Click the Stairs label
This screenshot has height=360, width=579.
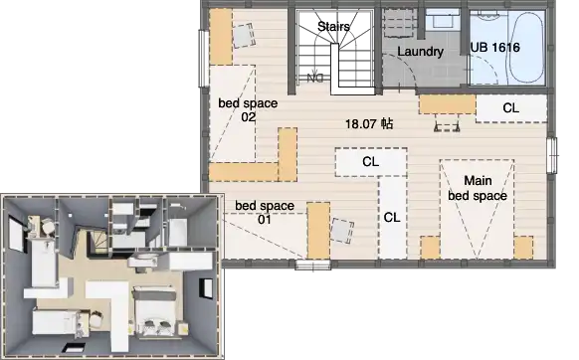pos(333,27)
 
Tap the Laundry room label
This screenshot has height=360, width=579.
pos(420,52)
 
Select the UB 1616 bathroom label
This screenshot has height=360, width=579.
pos(495,48)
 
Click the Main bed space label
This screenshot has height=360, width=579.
pos(478,188)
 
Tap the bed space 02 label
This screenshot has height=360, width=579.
pos(248,110)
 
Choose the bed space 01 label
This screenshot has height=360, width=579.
pos(265,213)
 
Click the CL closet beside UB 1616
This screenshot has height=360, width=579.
pos(511,108)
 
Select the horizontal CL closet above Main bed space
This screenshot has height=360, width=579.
pos(371,162)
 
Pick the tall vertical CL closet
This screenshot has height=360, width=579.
pos(392,218)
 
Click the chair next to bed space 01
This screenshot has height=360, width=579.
pos(342,231)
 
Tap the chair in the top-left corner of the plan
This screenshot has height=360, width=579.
pos(244,35)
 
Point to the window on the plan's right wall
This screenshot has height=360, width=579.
pos(552,155)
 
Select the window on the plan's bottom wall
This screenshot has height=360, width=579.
pos(312,265)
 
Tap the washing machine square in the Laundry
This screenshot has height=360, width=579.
pos(399,23)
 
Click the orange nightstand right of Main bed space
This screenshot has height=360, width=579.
pos(523,248)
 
